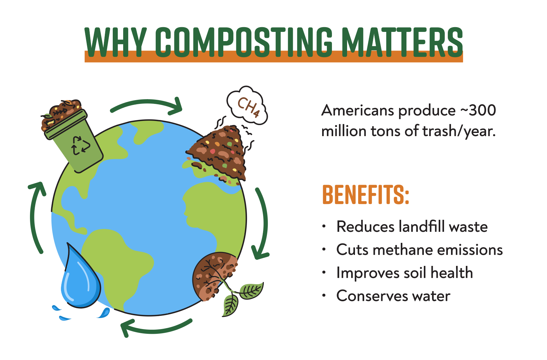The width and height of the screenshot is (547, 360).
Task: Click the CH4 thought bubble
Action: pos(247,105)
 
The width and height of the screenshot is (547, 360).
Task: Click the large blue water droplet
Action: pos(80,278)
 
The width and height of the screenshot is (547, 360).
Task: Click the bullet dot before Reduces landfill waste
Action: pos(324,226)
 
